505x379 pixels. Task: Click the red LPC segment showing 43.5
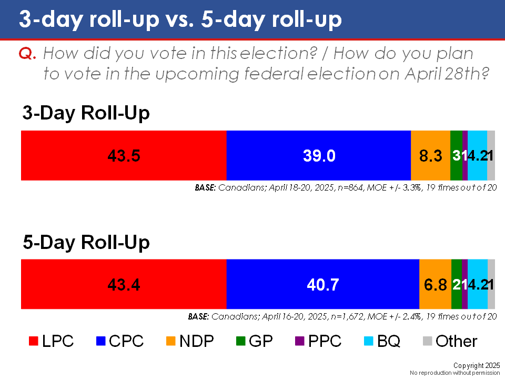pos(124,155)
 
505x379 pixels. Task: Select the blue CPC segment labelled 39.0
pos(318,155)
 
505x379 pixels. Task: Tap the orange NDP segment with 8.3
pos(430,155)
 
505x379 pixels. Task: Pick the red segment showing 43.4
pos(124,284)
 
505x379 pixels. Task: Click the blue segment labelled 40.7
pos(322,284)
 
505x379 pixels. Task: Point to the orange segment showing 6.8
pos(435,284)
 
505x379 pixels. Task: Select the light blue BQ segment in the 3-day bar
pos(477,155)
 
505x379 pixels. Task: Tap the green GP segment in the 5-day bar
pos(456,284)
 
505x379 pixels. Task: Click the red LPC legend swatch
pos(33,342)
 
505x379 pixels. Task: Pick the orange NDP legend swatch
pos(169,342)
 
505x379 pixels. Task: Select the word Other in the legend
pos(457,342)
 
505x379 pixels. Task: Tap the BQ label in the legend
pos(388,342)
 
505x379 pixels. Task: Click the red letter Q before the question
pos(26,54)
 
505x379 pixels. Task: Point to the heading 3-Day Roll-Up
pos(86,114)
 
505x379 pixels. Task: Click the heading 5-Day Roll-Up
pos(86,242)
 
